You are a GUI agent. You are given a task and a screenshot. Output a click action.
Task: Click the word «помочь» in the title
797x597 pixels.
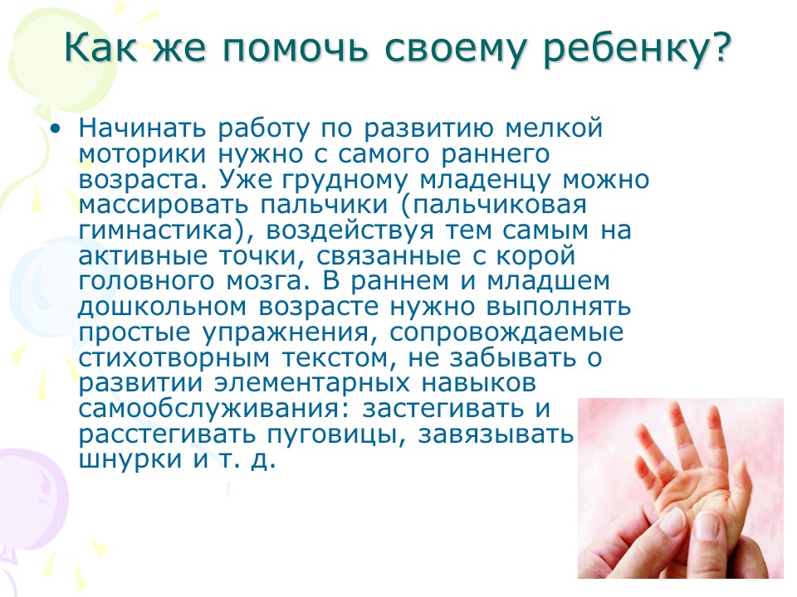(295, 48)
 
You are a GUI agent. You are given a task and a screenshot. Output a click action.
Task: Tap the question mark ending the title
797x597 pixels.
(720, 46)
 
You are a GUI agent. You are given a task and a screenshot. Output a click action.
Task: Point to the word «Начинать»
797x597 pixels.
(142, 128)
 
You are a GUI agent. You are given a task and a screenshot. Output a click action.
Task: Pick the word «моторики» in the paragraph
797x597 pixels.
(142, 154)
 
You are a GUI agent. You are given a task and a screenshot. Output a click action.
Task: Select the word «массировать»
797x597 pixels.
(164, 205)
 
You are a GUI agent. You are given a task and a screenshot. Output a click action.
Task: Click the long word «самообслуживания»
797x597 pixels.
(210, 409)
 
